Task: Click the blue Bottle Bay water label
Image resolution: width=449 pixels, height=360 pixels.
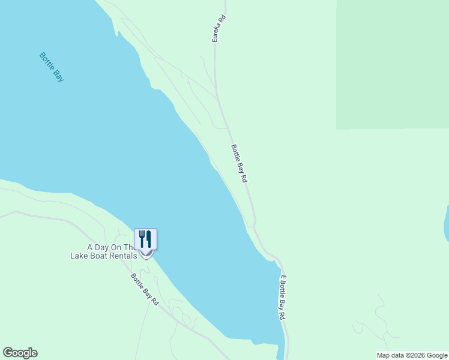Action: [52, 67]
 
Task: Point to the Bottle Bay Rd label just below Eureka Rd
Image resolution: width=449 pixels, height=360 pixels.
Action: [240, 163]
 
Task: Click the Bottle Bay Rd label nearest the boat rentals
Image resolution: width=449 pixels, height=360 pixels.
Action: [145, 289]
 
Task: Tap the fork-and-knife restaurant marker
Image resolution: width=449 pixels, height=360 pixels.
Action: [145, 239]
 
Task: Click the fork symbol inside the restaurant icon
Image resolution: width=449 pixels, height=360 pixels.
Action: [142, 239]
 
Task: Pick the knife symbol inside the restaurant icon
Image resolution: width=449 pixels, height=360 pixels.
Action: [149, 239]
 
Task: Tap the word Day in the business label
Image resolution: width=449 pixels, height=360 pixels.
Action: [103, 247]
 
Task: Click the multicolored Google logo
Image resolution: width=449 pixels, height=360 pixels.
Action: [20, 353]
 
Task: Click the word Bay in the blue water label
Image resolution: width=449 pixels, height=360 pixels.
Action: [58, 75]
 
